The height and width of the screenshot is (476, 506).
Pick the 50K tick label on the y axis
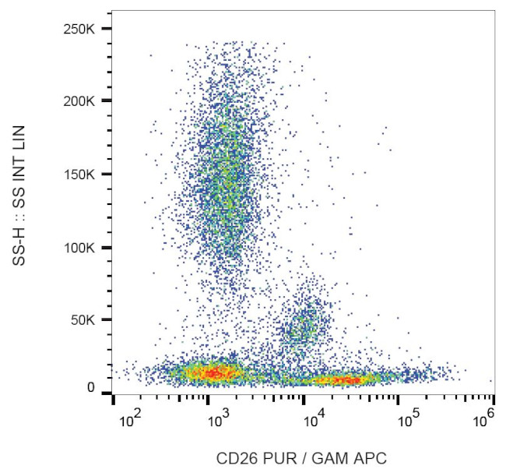click(84, 320)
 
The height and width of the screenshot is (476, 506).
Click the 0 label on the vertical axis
click(91, 387)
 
